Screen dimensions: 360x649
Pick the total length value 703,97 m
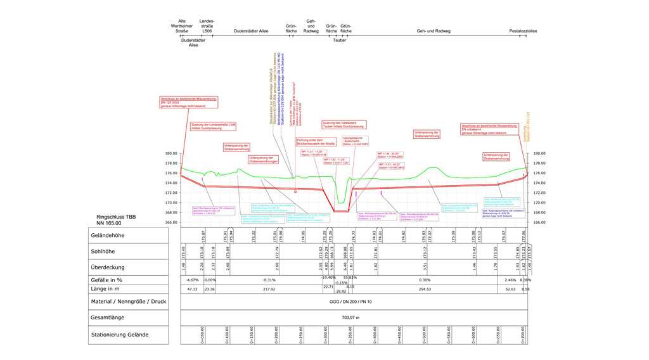[x=350, y=318]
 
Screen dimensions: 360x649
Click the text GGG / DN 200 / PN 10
[x=350, y=302]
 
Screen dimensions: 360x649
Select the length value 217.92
[x=269, y=290]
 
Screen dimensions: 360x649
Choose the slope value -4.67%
[x=193, y=280]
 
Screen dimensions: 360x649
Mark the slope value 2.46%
[x=510, y=280]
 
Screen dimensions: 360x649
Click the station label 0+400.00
[x=375, y=335]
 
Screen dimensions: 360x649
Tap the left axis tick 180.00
[x=171, y=153]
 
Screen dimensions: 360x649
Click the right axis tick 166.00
[x=539, y=222]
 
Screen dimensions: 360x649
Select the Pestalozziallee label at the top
[x=523, y=30]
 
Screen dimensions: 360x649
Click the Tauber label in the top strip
[x=339, y=40]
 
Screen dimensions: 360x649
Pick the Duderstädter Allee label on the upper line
[x=251, y=30]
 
